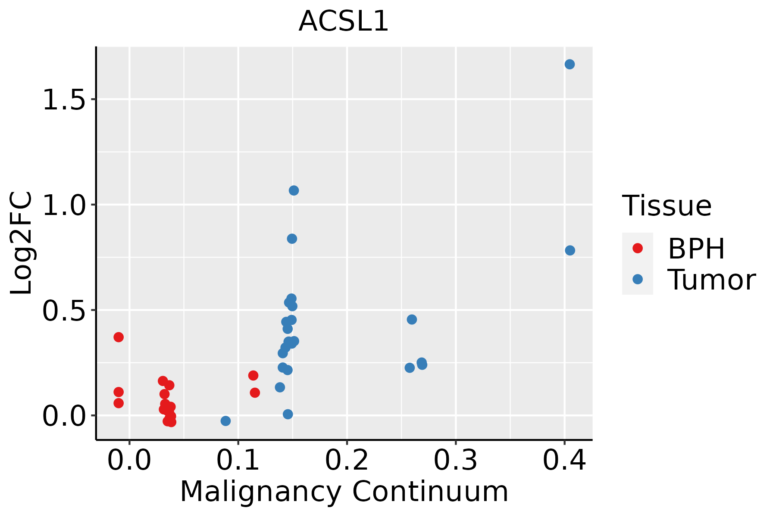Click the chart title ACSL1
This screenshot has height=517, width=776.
click(344, 22)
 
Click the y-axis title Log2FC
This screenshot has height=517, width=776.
click(22, 243)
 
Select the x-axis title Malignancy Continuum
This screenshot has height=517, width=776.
click(344, 492)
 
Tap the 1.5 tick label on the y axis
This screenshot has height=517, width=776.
click(64, 100)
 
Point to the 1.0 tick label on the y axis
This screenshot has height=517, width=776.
click(64, 206)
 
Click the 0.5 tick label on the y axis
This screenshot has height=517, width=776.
click(64, 311)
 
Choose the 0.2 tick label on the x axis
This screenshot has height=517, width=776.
click(347, 460)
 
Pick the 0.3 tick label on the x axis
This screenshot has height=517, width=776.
click(455, 460)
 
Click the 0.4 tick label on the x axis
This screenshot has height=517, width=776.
click(564, 460)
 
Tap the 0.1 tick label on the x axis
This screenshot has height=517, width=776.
click(238, 460)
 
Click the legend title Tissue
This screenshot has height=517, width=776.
click(667, 206)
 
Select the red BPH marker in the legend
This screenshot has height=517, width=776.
click(637, 248)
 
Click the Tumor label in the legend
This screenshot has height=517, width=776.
click(711, 280)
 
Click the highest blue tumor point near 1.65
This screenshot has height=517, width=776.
click(569, 64)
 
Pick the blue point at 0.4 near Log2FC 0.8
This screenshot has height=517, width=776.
click(570, 250)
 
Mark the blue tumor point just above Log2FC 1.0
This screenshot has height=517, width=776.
click(294, 190)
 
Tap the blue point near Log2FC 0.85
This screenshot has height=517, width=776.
click(292, 239)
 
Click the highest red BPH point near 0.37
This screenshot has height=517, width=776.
click(119, 337)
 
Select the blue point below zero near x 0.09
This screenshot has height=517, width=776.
click(225, 421)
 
